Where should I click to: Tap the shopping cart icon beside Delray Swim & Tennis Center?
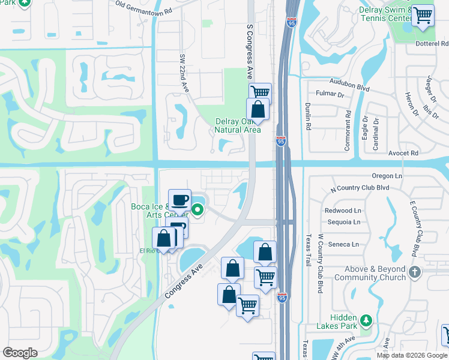[x=423, y=16]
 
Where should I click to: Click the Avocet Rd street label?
[x=403, y=153]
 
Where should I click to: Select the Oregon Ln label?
[x=387, y=176]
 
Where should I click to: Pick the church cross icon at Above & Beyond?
[x=414, y=273]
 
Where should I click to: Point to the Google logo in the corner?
[x=20, y=353]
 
